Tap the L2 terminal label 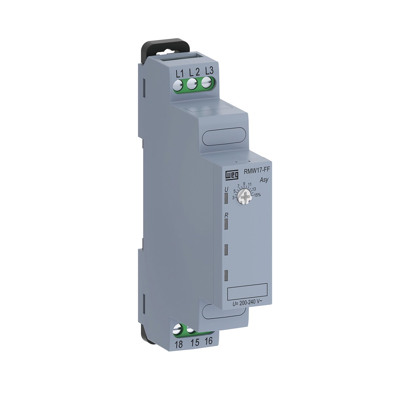(x=194, y=72)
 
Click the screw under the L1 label (x=178, y=86)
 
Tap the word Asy (x=264, y=180)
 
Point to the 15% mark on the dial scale (x=257, y=195)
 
